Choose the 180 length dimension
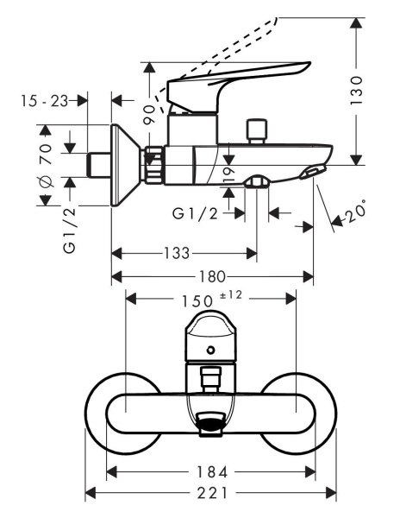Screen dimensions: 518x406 [x=213, y=276]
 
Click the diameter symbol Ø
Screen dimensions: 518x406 [x=47, y=183]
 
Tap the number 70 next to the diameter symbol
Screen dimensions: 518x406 [x=47, y=154]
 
